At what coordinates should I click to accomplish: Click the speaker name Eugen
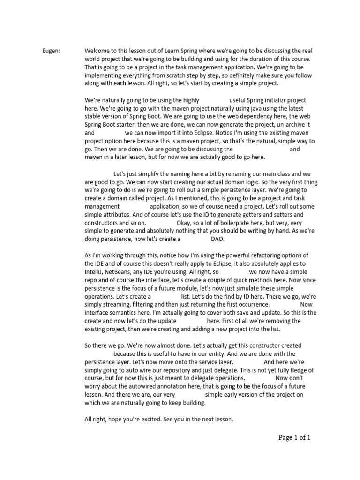[51, 51]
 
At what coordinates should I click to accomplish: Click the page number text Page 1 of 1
[295, 438]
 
